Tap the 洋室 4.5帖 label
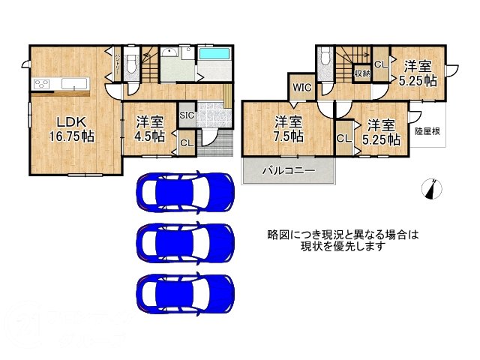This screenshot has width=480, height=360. point(150,129)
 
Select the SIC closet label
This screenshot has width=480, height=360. point(187,115)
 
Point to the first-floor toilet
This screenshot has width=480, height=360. point(131,64)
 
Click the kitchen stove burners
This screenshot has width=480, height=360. point(40,83)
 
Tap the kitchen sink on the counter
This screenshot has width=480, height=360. point(75,82)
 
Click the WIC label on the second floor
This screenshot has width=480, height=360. point(301,88)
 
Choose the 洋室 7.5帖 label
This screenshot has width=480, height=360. point(288,129)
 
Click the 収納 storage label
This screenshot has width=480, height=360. point(362,73)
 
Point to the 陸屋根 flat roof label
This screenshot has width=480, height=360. point(427,130)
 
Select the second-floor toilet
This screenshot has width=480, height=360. point(325,62)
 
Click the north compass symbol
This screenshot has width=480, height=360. point(430,190)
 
